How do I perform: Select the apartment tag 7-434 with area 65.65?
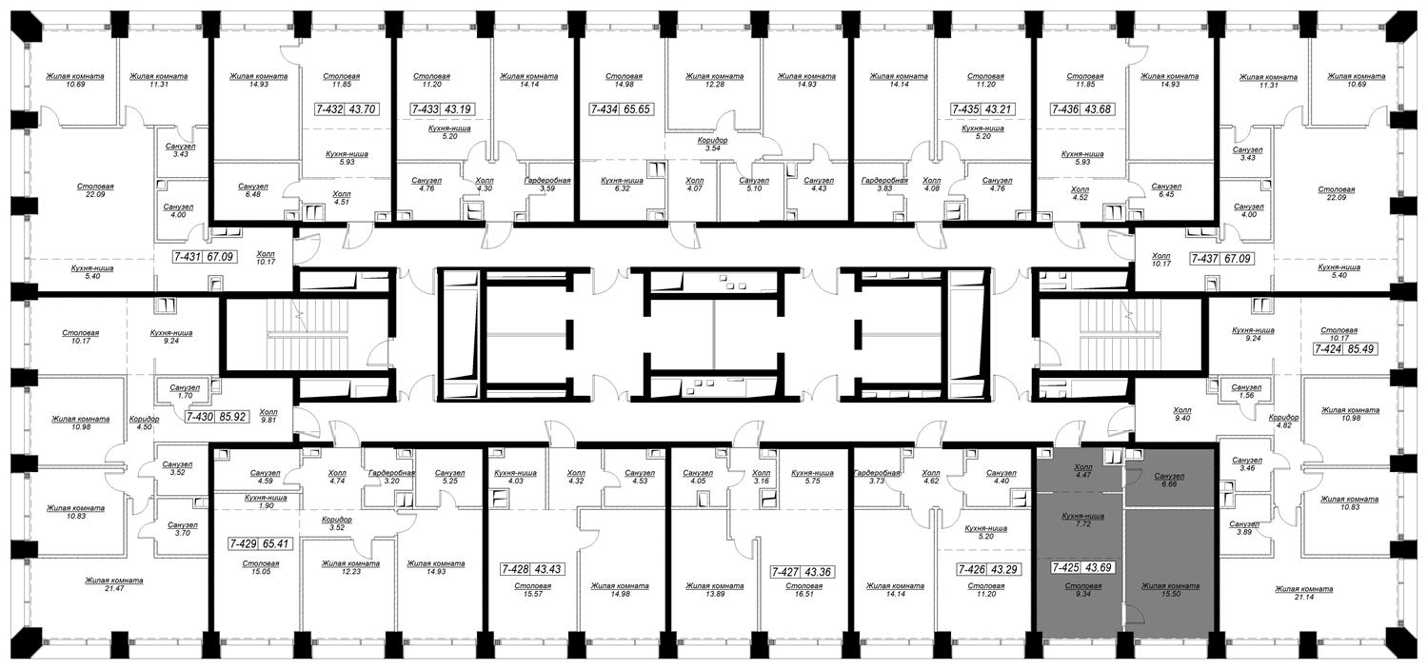pos(622,108)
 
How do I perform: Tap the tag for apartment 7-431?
pos(205,257)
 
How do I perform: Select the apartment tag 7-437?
pos(1221,259)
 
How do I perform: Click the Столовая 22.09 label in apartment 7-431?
pos(95,190)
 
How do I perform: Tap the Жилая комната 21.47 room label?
pos(114,584)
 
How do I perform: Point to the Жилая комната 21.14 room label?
pos(1303,593)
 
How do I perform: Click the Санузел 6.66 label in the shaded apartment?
pos(1169,480)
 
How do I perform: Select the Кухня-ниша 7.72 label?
pos(1083,520)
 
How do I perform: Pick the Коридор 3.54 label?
pos(712,144)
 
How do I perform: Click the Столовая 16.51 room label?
pos(803,589)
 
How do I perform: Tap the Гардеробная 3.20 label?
pos(391,477)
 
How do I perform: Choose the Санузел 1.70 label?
pos(185,391)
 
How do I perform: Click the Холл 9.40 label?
pos(1182,414)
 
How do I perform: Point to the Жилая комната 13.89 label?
pos(715,589)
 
